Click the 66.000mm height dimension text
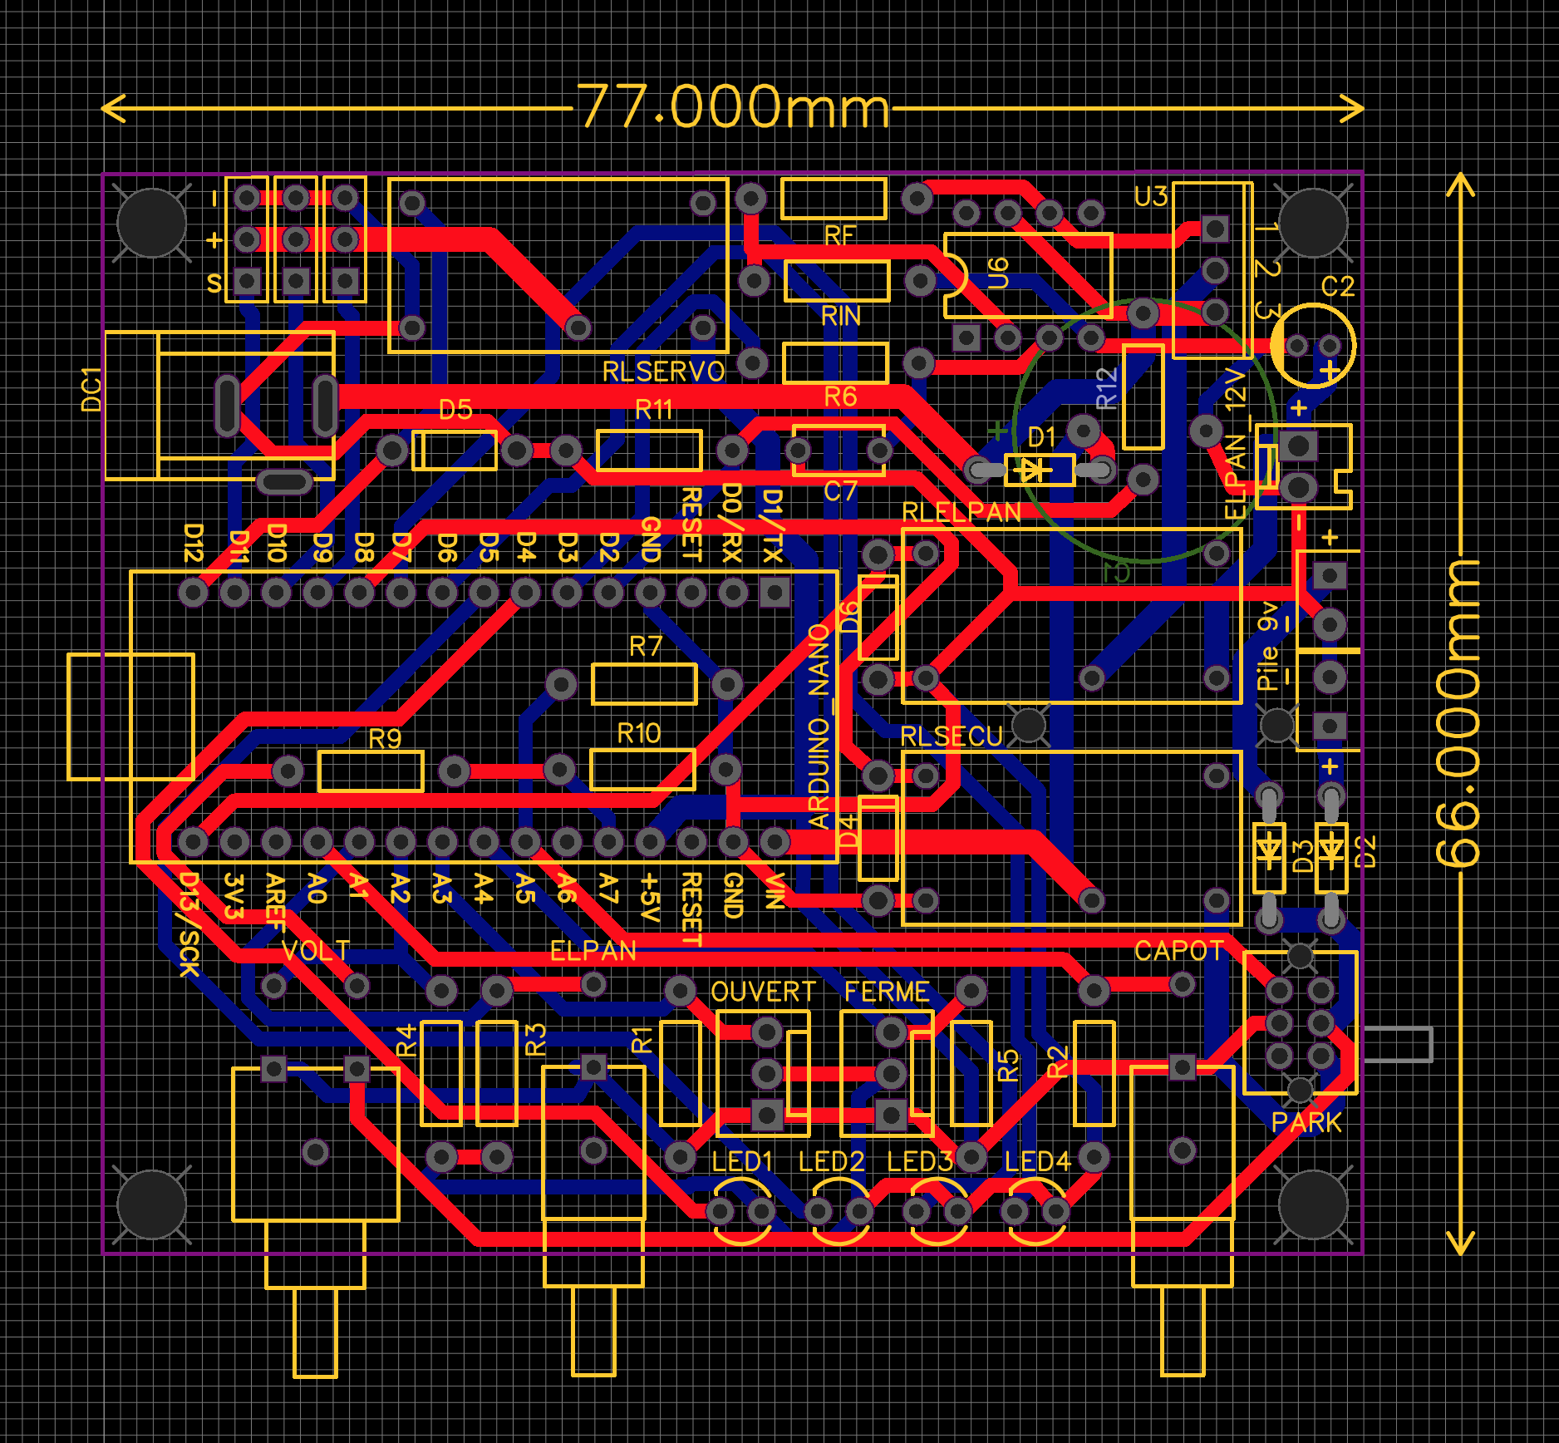[1458, 715]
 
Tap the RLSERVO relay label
[663, 372]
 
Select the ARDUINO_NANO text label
[819, 727]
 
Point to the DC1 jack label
[91, 389]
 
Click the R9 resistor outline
[371, 771]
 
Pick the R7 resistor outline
[644, 684]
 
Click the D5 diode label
[455, 410]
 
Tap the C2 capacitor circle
[1313, 346]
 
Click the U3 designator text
[1151, 197]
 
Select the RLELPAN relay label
[961, 512]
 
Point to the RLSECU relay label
[952, 736]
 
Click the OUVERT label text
[763, 992]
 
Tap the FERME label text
[886, 992]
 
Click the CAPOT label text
[1178, 951]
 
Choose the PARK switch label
[1306, 1123]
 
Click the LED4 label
[1037, 1161]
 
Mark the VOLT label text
[315, 951]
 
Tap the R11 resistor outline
[649, 451]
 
